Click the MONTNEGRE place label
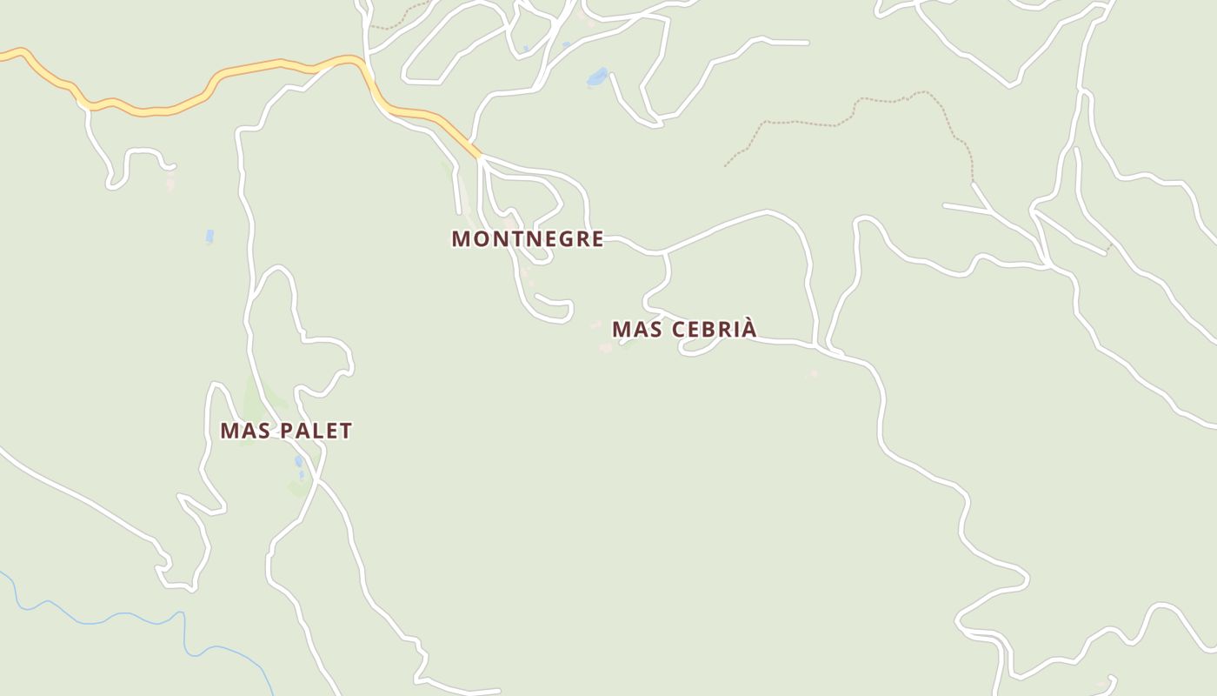click(527, 238)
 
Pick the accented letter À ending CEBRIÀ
click(749, 328)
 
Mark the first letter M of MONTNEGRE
click(461, 238)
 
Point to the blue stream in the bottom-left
click(130, 616)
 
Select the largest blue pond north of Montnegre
click(597, 77)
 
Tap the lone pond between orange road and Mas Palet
click(209, 236)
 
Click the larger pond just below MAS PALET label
click(298, 460)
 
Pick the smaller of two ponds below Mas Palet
click(302, 475)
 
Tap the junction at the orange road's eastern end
click(479, 157)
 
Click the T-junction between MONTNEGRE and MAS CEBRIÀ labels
click(665, 253)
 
